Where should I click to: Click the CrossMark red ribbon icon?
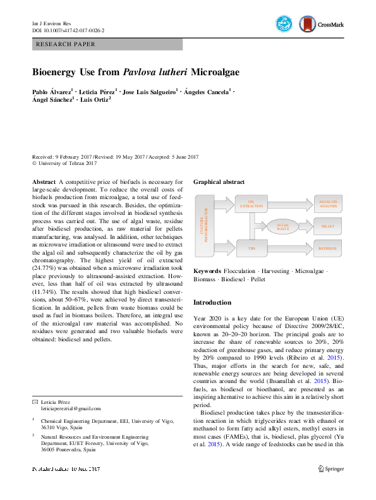coord(308,24)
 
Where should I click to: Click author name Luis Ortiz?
coord(95,99)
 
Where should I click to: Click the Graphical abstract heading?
coord(219,181)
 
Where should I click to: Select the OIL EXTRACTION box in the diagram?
coord(251,204)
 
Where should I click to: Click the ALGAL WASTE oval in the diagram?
coord(282,225)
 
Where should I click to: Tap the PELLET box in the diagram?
coord(329,226)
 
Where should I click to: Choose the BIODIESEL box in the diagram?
coord(329,250)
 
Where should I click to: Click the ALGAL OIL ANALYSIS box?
coord(329,203)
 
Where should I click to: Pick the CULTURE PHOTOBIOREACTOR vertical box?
coord(202,226)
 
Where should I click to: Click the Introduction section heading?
coord(212,302)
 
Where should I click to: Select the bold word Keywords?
coord(207,271)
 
